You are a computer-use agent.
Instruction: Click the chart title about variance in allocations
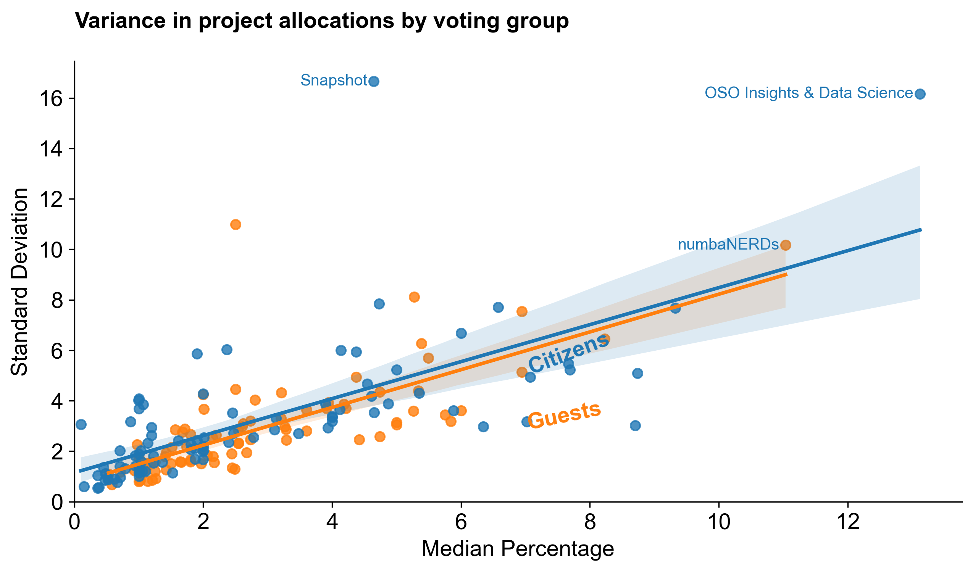click(321, 21)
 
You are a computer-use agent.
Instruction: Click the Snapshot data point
click(374, 81)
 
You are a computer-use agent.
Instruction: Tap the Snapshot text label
click(334, 80)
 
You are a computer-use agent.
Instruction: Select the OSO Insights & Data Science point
click(920, 94)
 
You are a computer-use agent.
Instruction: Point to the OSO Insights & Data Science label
click(808, 93)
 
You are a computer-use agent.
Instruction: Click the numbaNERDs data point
click(785, 245)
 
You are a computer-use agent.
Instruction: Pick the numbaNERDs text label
click(728, 245)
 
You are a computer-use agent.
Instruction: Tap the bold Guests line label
click(564, 416)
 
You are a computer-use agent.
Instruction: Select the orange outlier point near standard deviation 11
click(236, 225)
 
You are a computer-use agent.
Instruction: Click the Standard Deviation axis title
click(19, 282)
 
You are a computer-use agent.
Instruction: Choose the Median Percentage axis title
click(518, 548)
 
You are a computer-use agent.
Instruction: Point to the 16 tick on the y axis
click(51, 99)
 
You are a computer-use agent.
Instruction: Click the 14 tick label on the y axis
click(51, 149)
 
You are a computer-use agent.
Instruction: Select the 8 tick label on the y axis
click(56, 300)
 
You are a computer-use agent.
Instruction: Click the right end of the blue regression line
click(921, 230)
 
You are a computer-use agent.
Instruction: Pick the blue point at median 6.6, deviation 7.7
click(498, 307)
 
